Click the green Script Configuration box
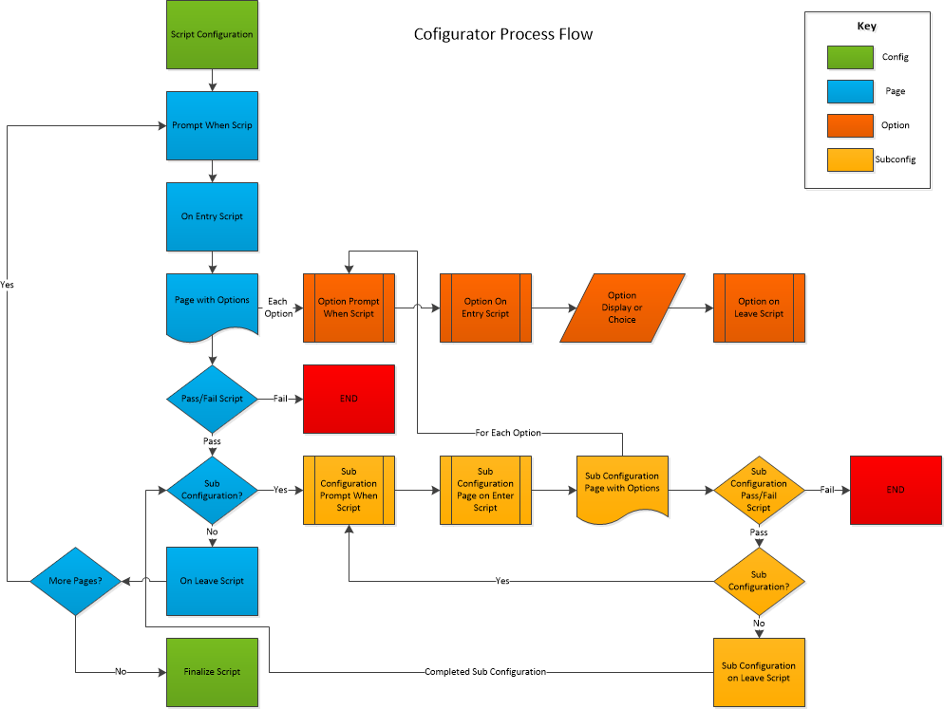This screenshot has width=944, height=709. [x=212, y=34]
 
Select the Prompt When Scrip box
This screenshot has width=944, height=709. [x=212, y=126]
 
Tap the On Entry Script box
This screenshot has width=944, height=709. [x=212, y=216]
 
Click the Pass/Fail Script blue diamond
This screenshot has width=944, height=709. [x=212, y=399]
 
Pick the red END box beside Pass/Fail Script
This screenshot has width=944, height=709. [x=349, y=399]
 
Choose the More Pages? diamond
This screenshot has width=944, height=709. [x=75, y=582]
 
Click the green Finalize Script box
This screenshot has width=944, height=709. [x=212, y=672]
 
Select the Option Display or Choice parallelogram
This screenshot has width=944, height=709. [x=622, y=308]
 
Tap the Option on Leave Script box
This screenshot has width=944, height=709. [x=759, y=308]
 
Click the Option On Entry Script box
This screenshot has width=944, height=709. [x=486, y=308]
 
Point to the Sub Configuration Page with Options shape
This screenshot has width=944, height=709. [x=622, y=488]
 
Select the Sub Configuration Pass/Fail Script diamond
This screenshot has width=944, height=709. [x=759, y=490]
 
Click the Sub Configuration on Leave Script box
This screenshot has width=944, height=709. [x=759, y=672]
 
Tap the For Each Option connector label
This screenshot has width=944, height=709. [x=508, y=433]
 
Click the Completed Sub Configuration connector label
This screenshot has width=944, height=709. [x=485, y=672]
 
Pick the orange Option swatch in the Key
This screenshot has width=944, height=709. [x=850, y=126]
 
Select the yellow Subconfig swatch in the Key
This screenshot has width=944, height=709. [x=850, y=160]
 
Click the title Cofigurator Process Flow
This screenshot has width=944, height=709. [x=503, y=34]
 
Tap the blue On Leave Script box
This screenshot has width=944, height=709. [x=212, y=582]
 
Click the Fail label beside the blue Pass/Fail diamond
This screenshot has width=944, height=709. [x=280, y=399]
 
